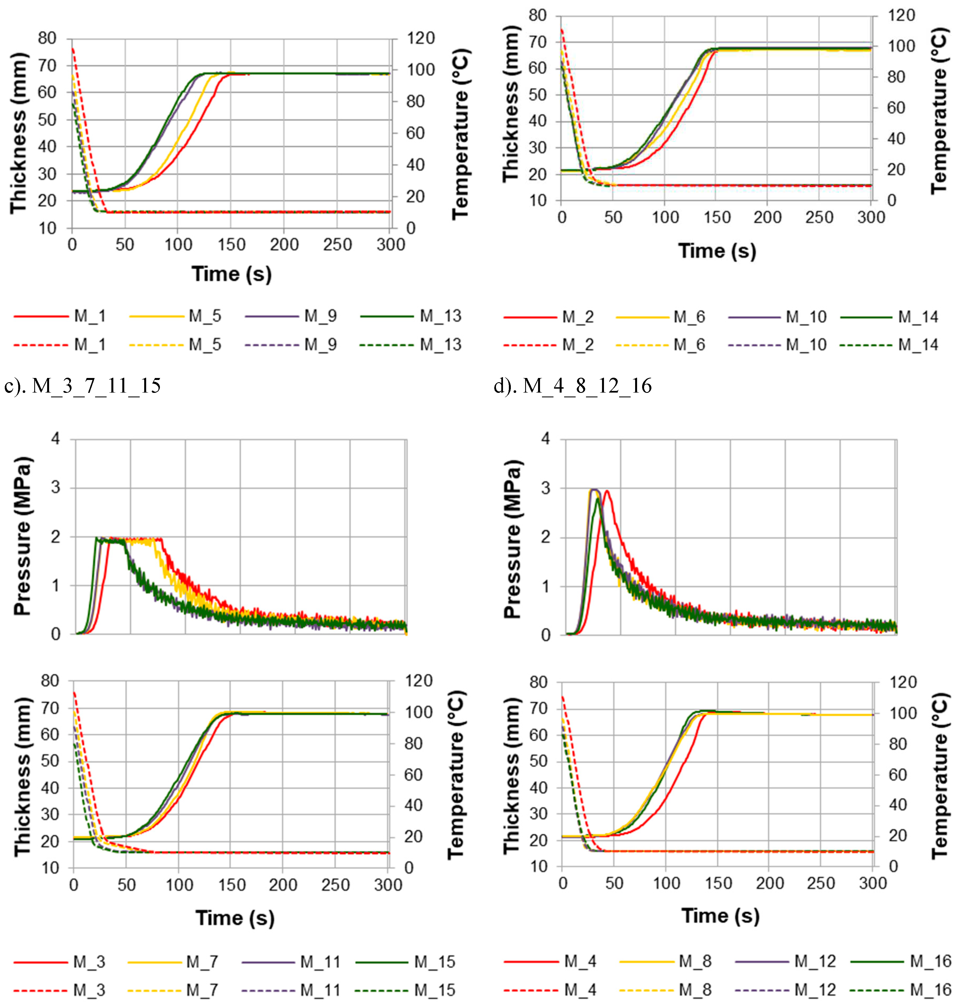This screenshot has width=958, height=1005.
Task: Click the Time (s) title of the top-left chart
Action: (231, 274)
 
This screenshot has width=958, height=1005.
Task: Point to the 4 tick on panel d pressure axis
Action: (546, 439)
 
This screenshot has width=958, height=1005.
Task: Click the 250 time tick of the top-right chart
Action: (819, 217)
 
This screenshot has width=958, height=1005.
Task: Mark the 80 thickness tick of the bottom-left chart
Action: (50, 681)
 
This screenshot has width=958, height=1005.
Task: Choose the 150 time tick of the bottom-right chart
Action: (718, 883)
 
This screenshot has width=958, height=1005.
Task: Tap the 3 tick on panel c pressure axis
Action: (56, 487)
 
